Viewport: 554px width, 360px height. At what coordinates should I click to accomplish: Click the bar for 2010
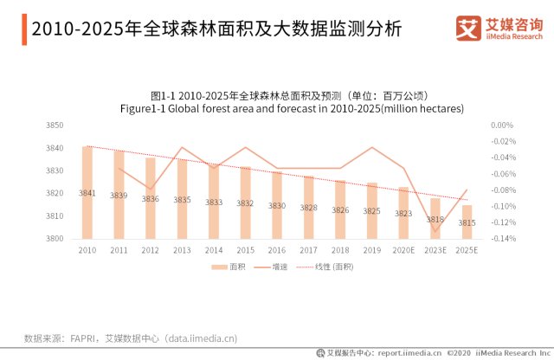click(x=87, y=192)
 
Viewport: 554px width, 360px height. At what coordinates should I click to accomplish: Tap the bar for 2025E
click(x=467, y=222)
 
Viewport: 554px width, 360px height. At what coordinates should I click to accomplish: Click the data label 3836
click(x=151, y=199)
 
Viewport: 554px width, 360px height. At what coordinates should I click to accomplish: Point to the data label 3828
click(x=308, y=208)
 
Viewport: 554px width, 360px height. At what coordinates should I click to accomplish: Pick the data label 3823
click(x=403, y=213)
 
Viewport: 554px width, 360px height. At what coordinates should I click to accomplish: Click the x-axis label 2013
click(x=182, y=250)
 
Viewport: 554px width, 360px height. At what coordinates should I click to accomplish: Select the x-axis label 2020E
click(x=403, y=250)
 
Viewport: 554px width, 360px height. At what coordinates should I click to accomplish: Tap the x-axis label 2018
click(x=340, y=250)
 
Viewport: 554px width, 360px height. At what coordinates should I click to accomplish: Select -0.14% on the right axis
click(x=502, y=239)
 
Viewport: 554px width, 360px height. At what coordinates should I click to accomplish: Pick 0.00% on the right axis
click(x=503, y=125)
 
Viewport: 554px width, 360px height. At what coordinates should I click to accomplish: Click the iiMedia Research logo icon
click(x=467, y=28)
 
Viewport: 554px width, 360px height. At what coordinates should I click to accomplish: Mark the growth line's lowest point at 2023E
click(x=435, y=231)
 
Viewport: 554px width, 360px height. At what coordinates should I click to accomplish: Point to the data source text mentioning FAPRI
click(x=130, y=338)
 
